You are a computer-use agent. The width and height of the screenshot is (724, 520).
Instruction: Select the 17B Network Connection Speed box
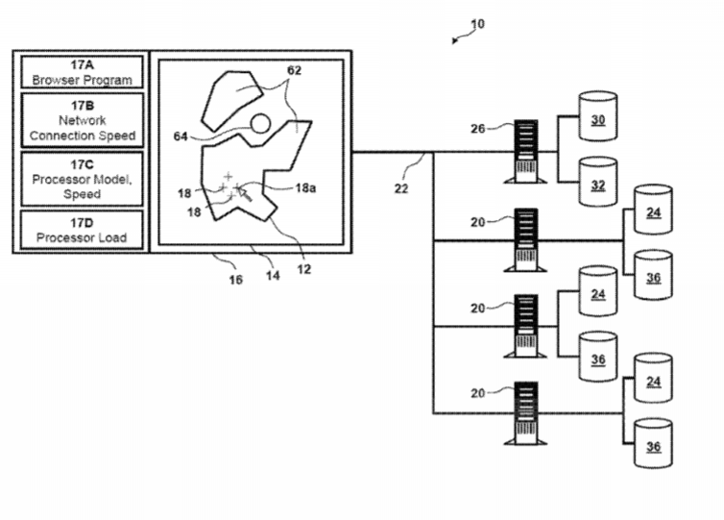[82, 121]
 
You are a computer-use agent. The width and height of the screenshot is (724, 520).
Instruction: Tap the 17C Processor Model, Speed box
[82, 179]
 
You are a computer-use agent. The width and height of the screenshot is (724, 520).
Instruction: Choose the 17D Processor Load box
[82, 231]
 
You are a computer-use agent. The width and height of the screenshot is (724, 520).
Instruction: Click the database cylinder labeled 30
[597, 120]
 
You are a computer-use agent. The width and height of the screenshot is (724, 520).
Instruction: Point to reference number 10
[478, 23]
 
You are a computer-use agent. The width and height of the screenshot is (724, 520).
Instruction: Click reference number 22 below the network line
[401, 188]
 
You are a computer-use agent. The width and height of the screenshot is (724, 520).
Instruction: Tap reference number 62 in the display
[294, 70]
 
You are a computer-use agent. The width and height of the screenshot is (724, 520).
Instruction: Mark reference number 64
[181, 136]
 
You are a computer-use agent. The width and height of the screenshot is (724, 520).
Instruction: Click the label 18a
[306, 187]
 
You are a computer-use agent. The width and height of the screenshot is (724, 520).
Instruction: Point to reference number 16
[236, 280]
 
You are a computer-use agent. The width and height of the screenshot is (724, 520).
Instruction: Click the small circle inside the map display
[259, 122]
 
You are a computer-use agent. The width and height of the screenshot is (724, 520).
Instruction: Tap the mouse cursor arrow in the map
[245, 194]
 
